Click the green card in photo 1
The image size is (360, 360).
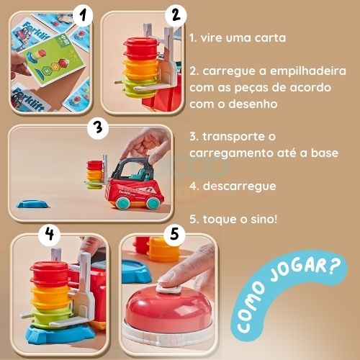pos(50,53)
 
